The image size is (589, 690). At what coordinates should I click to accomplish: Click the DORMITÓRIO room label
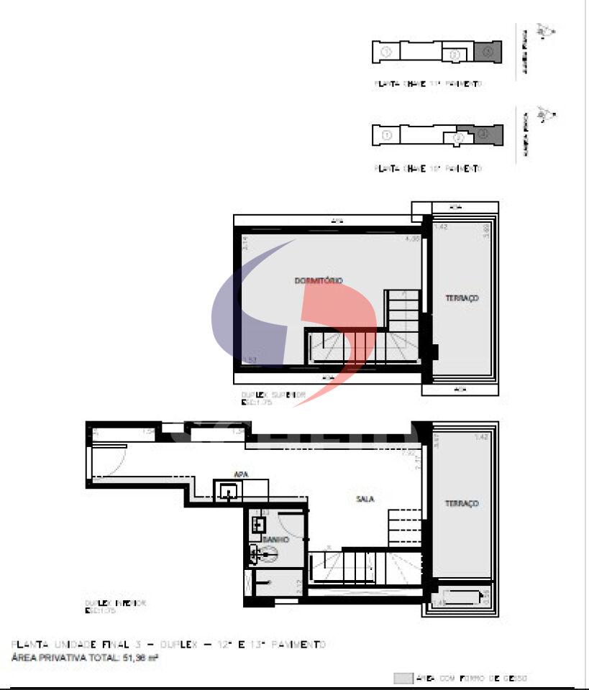(318, 280)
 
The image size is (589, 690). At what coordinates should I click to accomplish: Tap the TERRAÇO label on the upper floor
(461, 298)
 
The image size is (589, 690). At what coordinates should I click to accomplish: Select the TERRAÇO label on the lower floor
(461, 504)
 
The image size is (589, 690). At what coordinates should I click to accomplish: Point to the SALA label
(365, 499)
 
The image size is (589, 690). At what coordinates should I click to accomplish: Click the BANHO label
(275, 539)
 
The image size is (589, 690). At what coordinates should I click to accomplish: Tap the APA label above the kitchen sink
(241, 474)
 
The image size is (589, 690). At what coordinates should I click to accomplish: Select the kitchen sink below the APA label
(228, 492)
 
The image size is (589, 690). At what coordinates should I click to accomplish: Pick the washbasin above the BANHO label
(257, 525)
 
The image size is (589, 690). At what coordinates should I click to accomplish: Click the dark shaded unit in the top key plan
(488, 52)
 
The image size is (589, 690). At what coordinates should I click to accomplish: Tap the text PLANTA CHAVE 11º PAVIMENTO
(427, 84)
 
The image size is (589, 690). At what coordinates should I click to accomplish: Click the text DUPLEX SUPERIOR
(273, 395)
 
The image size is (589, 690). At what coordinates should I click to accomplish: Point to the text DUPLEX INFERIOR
(115, 604)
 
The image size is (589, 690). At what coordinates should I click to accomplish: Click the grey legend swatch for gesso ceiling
(403, 678)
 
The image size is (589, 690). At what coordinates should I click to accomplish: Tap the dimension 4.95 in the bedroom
(411, 239)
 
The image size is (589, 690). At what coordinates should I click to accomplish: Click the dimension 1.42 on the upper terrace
(441, 228)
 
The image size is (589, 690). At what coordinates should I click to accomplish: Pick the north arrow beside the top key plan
(547, 31)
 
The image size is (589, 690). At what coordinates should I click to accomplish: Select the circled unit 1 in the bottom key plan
(387, 135)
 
